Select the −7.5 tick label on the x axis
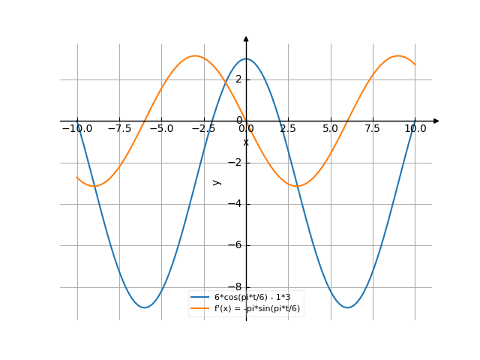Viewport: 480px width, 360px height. [118, 129]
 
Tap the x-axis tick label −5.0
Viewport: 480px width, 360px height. [160, 129]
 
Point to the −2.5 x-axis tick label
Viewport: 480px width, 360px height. [202, 129]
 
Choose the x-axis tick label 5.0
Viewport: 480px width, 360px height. [331, 129]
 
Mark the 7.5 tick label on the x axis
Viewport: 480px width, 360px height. [373, 129]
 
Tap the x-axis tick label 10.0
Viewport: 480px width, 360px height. [415, 129]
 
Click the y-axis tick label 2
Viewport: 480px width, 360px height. [238, 79]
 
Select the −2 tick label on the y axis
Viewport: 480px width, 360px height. [236, 163]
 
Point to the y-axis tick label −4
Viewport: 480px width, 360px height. [236, 204]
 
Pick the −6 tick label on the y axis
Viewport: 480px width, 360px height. [236, 245]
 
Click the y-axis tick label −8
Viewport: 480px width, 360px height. [236, 287]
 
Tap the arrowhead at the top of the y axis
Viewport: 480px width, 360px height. [246, 38]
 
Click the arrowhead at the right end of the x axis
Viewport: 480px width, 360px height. [436, 121]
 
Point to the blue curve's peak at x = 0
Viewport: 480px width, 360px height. [246, 58]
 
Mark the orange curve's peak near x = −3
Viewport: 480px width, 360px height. [195, 55]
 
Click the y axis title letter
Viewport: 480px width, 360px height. [217, 181]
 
